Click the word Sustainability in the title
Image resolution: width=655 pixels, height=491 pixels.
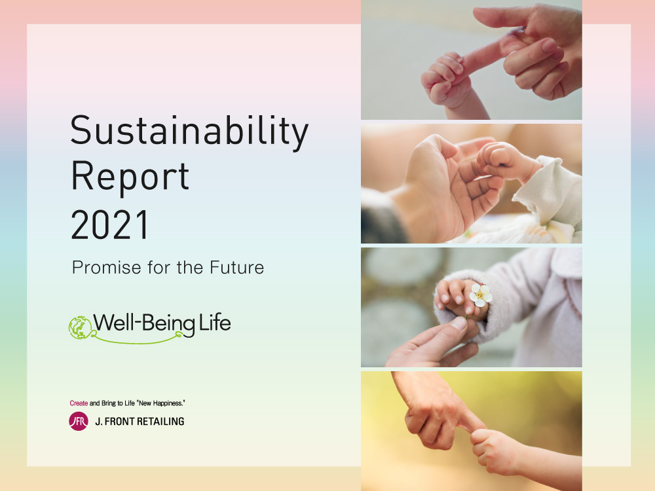[x=189, y=132]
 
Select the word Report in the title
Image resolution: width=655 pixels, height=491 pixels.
[x=130, y=177]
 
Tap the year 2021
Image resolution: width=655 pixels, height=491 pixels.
[x=110, y=225]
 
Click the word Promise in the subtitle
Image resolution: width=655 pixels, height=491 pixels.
[x=107, y=268]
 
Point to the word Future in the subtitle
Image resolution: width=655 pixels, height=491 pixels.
[x=237, y=268]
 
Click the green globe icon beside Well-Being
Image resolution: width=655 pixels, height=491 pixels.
[x=80, y=328]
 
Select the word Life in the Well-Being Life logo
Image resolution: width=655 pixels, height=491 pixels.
[x=215, y=323]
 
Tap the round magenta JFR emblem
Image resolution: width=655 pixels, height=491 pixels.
[x=79, y=421]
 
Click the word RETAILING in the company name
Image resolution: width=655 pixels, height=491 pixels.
[x=161, y=422]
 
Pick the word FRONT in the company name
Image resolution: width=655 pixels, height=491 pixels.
[x=119, y=422]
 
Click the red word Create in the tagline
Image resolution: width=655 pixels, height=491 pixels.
[x=79, y=403]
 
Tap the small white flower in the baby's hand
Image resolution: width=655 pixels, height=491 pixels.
[x=480, y=295]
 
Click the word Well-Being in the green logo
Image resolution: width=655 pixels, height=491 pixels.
[x=144, y=323]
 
